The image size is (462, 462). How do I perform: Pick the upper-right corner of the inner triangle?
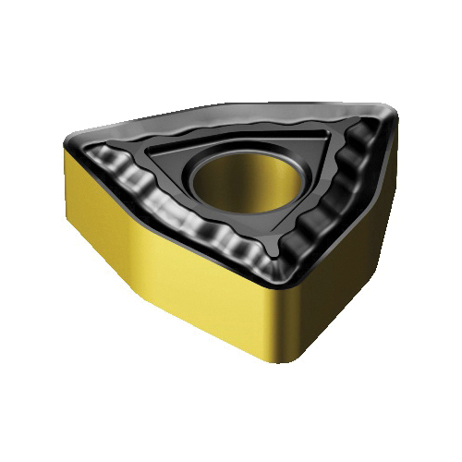click(323, 136)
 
